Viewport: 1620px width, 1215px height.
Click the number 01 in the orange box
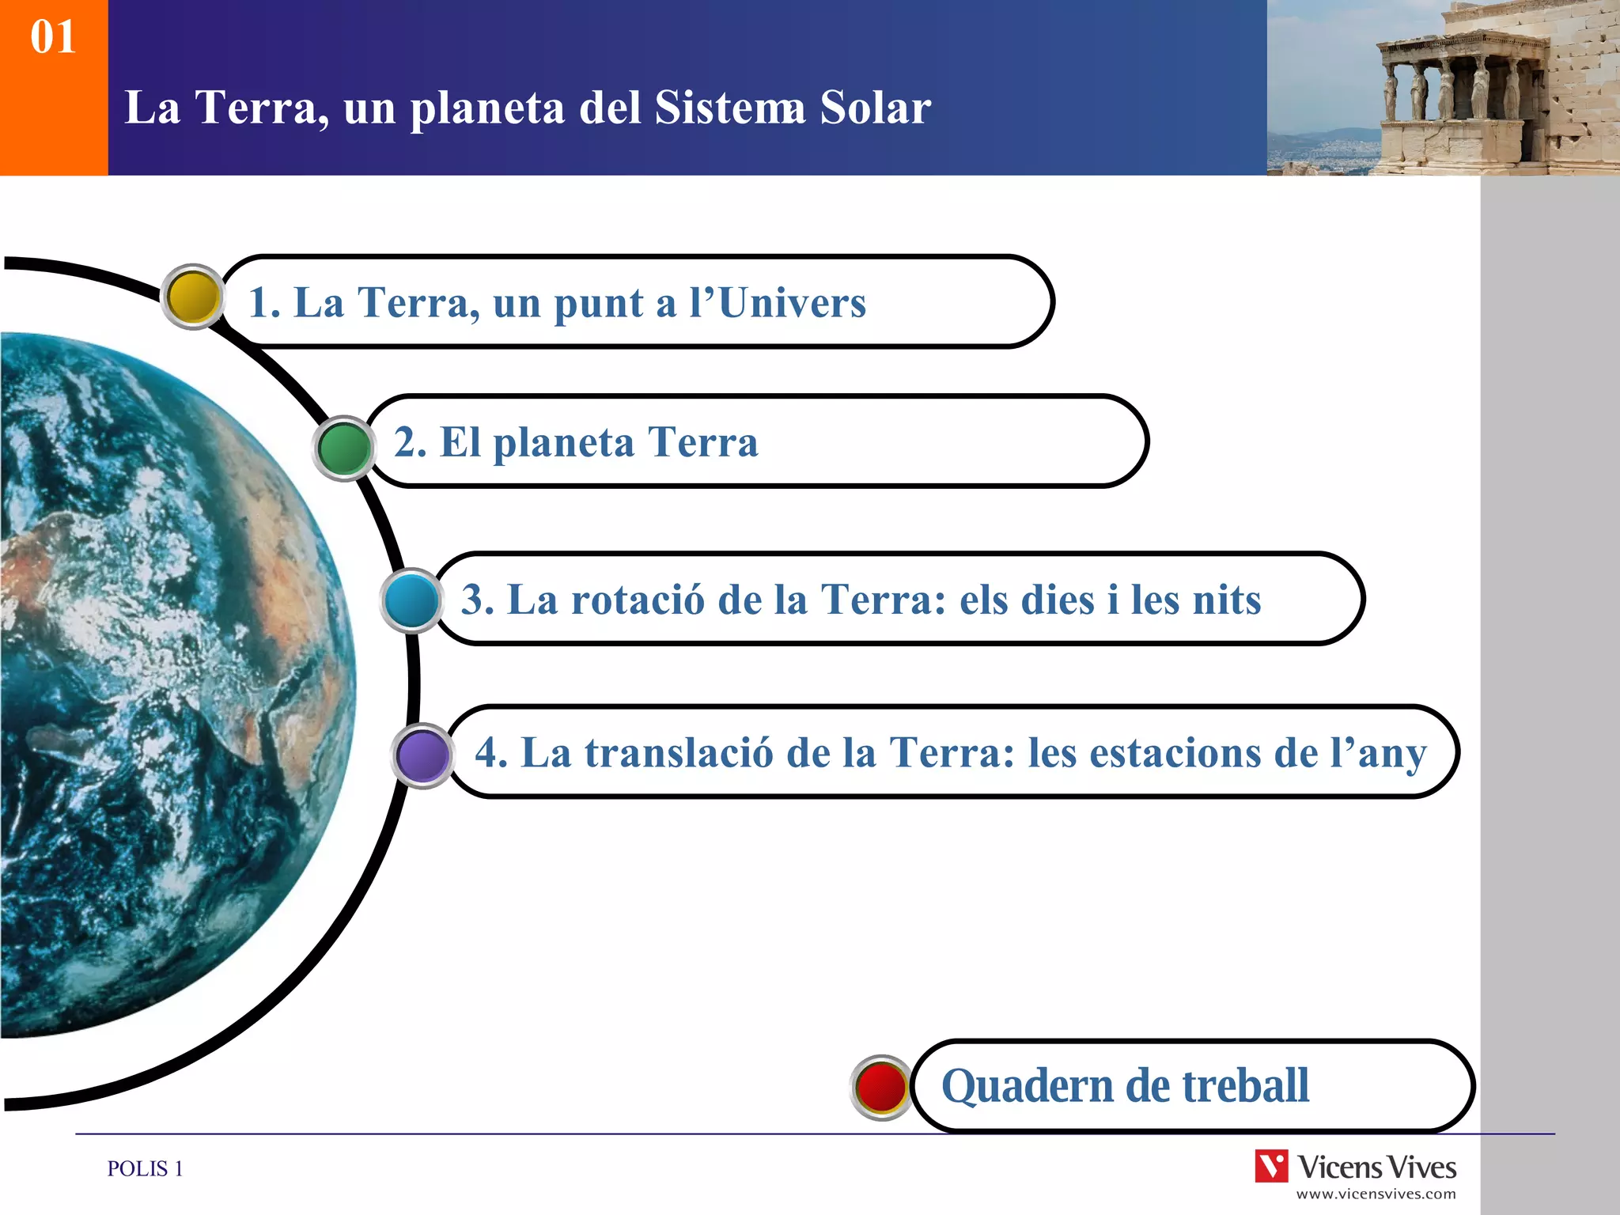pyautogui.click(x=53, y=37)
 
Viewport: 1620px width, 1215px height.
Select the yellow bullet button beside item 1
pyautogui.click(x=193, y=297)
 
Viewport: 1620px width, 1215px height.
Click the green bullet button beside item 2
pyautogui.click(x=344, y=449)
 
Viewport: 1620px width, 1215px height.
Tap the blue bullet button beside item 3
pyautogui.click(x=412, y=601)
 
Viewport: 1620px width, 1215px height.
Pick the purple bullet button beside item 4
pyautogui.click(x=423, y=755)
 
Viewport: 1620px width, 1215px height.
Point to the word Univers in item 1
pyautogui.click(x=792, y=303)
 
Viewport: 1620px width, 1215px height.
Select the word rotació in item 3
pyautogui.click(x=637, y=600)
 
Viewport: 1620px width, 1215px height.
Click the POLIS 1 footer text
pyautogui.click(x=145, y=1168)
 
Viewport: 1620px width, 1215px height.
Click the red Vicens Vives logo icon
pyautogui.click(x=1271, y=1167)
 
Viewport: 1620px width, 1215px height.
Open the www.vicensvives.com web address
pyautogui.click(x=1376, y=1194)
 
